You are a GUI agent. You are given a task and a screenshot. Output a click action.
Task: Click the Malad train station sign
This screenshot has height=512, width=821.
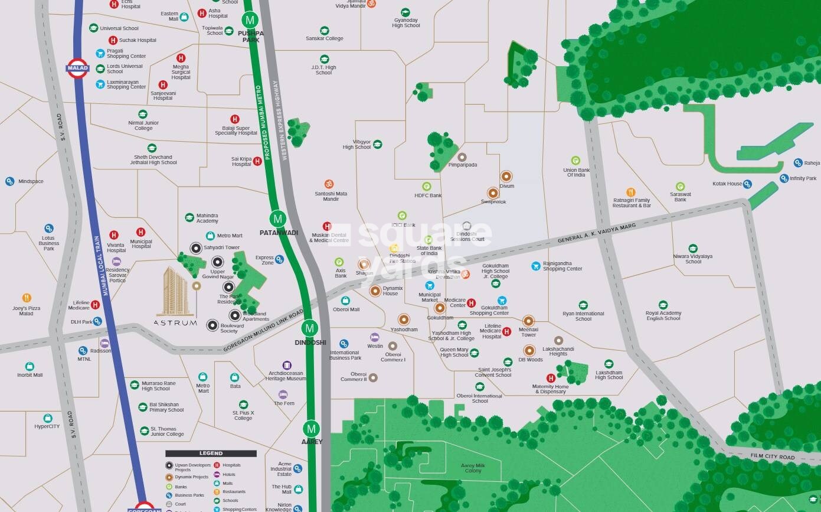point(77,67)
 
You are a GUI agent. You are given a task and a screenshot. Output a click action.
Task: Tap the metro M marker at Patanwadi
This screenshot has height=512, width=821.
point(279,219)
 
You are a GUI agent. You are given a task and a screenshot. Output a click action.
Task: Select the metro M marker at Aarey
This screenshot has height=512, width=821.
point(311,429)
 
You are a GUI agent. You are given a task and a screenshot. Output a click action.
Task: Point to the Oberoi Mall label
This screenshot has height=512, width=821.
point(346,309)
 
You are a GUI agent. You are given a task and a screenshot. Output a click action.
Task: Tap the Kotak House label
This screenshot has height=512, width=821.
point(727,184)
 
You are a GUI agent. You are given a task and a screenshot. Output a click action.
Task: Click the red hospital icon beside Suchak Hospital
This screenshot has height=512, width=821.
point(113,40)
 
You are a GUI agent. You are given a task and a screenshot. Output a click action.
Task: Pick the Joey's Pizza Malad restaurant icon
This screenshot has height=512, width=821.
point(27,298)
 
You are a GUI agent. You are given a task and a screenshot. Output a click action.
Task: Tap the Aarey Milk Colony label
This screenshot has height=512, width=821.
point(473,468)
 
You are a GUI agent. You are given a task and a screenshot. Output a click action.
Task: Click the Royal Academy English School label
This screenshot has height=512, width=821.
point(663,316)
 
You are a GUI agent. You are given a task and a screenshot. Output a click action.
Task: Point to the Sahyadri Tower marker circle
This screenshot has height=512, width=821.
point(195,248)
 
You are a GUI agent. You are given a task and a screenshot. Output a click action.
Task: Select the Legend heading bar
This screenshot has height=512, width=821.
point(211,454)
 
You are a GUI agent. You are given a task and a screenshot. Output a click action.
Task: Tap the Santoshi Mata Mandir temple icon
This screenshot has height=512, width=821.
point(329,184)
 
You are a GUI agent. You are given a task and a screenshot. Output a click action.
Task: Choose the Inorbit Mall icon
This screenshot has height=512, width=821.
point(30,366)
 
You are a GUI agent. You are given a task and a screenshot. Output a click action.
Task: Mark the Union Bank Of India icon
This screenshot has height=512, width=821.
point(575,161)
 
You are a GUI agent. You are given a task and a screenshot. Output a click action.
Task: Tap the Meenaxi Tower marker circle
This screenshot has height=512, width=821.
point(528,321)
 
